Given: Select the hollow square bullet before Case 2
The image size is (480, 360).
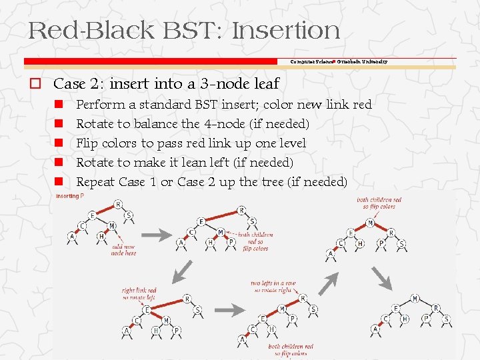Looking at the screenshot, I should [x=33, y=84].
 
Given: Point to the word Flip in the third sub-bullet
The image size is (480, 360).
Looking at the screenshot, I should [x=89, y=143].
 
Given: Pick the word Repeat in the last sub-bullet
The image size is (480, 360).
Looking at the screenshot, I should [x=96, y=182].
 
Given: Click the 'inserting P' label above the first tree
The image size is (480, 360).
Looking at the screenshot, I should [x=69, y=196].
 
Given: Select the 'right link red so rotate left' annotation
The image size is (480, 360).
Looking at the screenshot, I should [x=139, y=294].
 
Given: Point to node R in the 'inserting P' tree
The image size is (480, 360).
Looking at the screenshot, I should [x=118, y=205].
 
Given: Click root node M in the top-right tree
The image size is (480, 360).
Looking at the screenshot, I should [x=370, y=223].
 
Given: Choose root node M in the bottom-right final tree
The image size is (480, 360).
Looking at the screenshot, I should [x=416, y=298].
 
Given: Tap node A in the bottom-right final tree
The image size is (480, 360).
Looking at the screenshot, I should [x=375, y=329].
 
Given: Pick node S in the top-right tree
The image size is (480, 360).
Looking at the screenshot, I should [x=401, y=244].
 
